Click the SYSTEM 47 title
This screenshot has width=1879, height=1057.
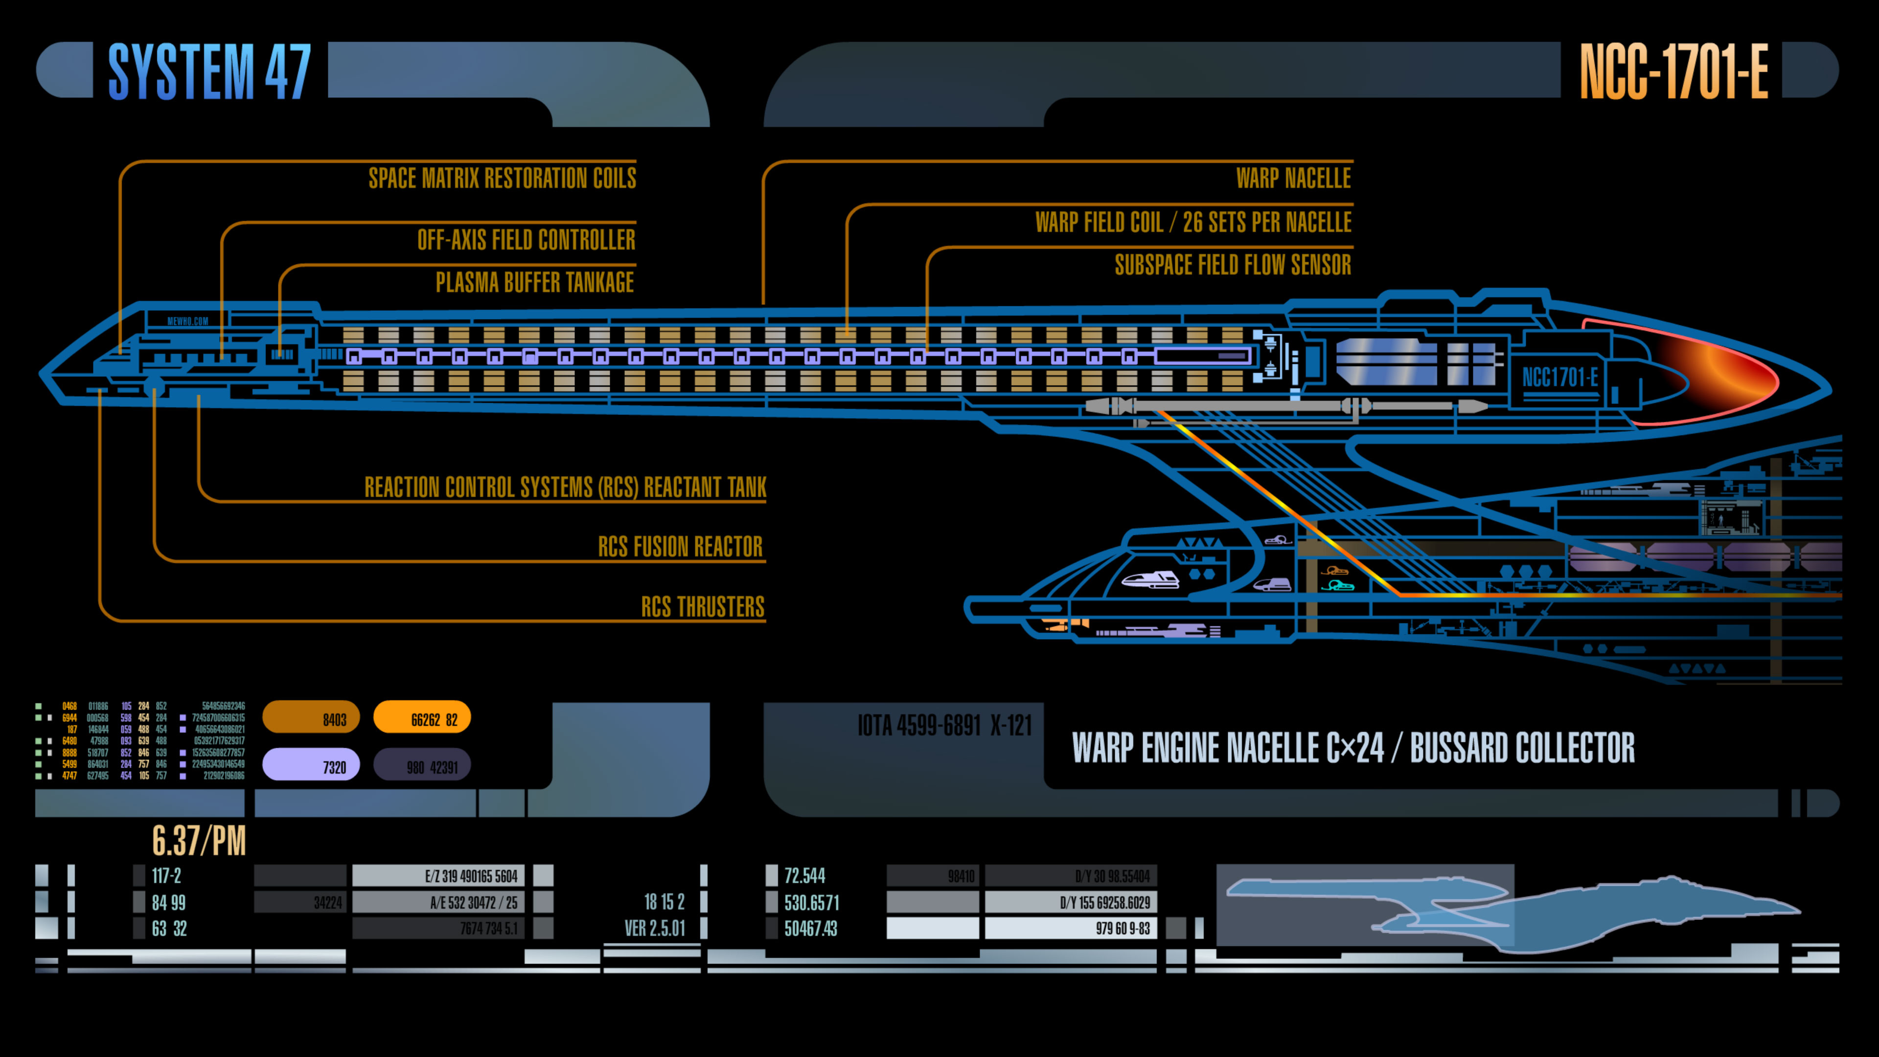[209, 71]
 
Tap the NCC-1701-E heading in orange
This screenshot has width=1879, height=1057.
[1673, 71]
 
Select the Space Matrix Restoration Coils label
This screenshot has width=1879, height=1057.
[502, 178]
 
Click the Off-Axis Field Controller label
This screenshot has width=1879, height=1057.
[526, 239]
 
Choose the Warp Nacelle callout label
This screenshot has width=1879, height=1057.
[1293, 178]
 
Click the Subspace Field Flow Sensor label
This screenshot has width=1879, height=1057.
[1233, 265]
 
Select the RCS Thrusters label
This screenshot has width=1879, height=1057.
[703, 607]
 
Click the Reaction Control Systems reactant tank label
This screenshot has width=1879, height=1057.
[565, 486]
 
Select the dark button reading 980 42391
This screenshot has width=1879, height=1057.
[422, 766]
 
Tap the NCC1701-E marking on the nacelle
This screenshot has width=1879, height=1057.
[1559, 378]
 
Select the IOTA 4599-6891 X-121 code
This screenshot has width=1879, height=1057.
[944, 726]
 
